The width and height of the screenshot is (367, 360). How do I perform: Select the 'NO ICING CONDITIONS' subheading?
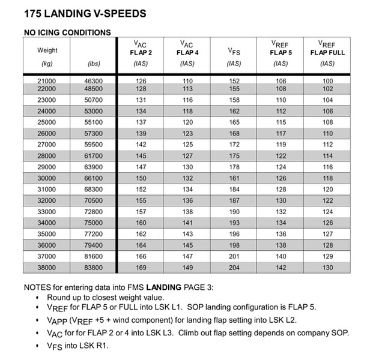[x=67, y=32]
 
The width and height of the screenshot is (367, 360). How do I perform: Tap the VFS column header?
[x=234, y=52]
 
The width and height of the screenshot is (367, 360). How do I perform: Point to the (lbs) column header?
[x=94, y=63]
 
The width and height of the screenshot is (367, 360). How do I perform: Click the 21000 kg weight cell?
[x=46, y=80]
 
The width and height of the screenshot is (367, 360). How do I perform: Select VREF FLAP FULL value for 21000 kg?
[x=327, y=80]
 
